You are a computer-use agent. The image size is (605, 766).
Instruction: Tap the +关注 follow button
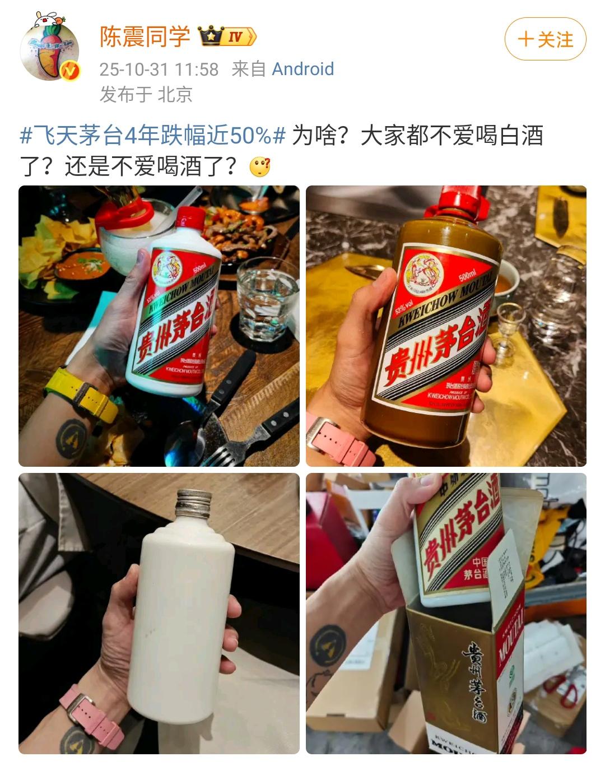pyautogui.click(x=545, y=39)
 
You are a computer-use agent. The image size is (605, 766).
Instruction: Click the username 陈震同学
pyautogui.click(x=145, y=37)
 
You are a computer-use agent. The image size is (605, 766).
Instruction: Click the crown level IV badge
pyautogui.click(x=227, y=37)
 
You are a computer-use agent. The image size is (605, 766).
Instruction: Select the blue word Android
pyautogui.click(x=302, y=69)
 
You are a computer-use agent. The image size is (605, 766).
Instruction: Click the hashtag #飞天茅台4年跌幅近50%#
pyautogui.click(x=153, y=136)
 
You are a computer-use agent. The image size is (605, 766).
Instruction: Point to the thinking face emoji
pyautogui.click(x=260, y=166)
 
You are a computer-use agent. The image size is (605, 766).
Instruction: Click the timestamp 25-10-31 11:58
pyautogui.click(x=159, y=69)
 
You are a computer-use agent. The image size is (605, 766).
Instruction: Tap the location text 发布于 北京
pyautogui.click(x=146, y=94)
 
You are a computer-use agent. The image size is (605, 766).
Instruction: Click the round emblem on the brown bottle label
pyautogui.click(x=425, y=275)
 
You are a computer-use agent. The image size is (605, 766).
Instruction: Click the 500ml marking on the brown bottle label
pyautogui.click(x=467, y=276)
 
